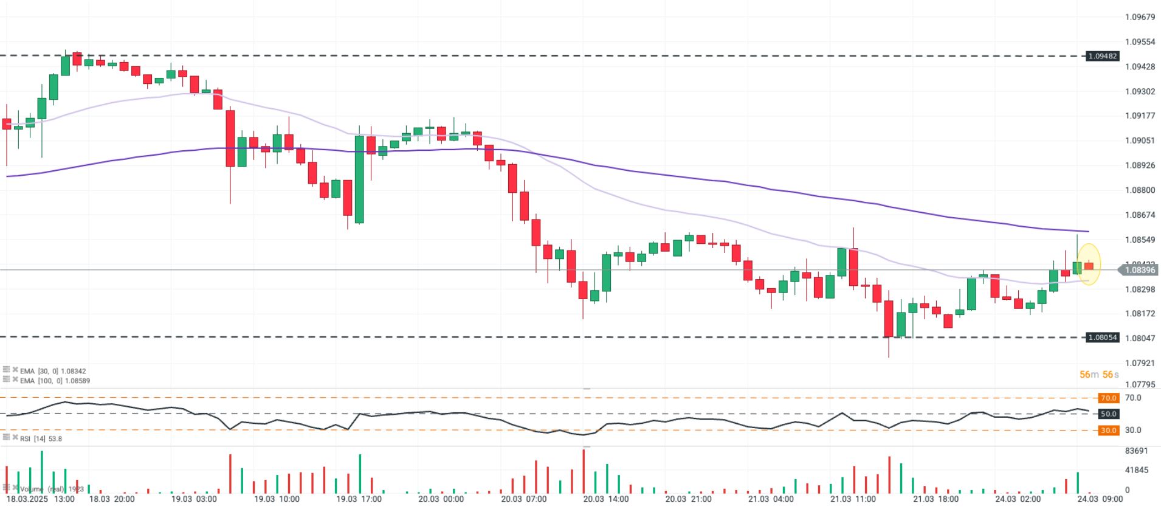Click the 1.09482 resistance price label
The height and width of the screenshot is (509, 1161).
[x=1102, y=56]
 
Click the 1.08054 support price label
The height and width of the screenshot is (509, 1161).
[x=1102, y=338]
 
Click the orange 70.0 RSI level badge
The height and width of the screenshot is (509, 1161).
[x=1108, y=398]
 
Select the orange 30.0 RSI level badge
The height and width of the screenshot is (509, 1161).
[x=1108, y=430]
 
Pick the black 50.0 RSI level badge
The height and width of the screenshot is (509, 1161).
[x=1108, y=414]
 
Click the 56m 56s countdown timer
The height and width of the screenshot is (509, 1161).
[x=1099, y=375]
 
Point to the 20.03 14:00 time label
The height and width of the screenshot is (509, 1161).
[x=605, y=499]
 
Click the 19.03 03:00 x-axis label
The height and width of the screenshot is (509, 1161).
[x=193, y=499]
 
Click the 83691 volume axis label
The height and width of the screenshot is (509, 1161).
[x=1136, y=451]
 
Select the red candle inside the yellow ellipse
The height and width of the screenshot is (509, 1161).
[x=1089, y=266]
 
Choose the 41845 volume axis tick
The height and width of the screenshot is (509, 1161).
[x=1136, y=470]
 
